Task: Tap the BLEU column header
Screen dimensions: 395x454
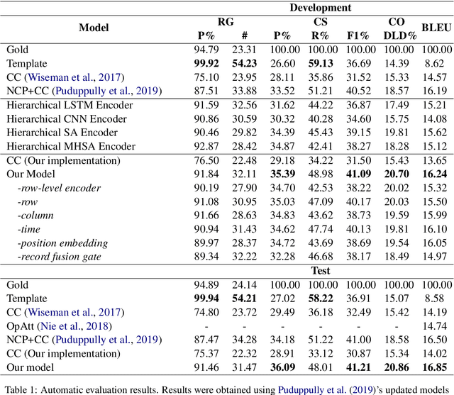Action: [x=433, y=28]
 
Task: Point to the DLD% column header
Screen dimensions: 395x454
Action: [x=399, y=35]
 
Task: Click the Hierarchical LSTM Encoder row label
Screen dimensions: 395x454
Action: [x=70, y=105]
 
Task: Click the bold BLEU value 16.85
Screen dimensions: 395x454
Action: [x=433, y=366]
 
